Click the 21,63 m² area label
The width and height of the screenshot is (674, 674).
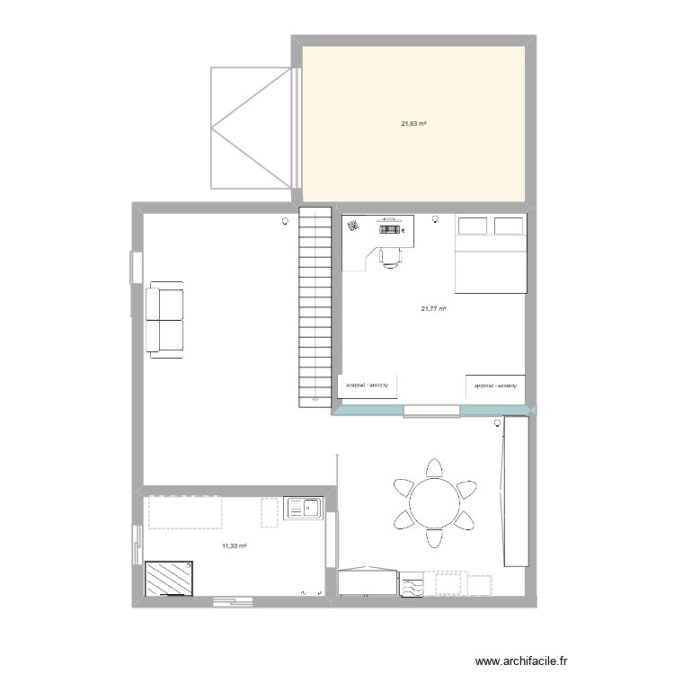tap(413, 123)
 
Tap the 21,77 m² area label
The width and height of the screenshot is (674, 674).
tap(433, 309)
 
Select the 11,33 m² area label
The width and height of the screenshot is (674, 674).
tap(235, 545)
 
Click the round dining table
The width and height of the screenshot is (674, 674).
tap(435, 502)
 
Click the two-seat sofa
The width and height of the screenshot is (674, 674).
tap(165, 320)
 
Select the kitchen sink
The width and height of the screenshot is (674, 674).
tap(305, 509)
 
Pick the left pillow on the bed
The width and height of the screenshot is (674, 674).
tap(473, 225)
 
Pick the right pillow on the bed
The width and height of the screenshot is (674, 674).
tap(509, 225)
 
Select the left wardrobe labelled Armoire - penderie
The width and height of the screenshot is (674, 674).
tap(368, 385)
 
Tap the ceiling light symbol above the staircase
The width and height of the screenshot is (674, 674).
tap(286, 220)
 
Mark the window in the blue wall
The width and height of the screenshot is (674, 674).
tap(431, 412)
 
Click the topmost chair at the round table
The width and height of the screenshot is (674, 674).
tap(435, 467)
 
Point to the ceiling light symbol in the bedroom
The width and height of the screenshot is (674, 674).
tap(436, 217)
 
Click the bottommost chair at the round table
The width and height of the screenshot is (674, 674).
tap(435, 537)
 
